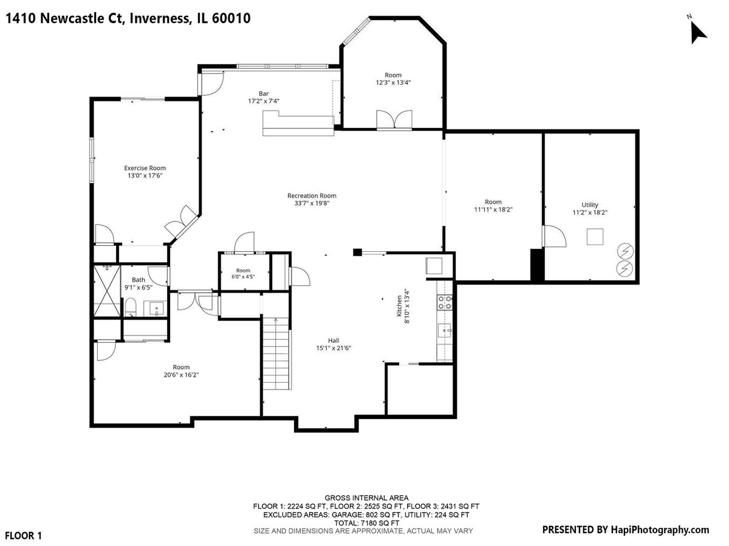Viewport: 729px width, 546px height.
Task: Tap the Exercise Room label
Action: (145, 168)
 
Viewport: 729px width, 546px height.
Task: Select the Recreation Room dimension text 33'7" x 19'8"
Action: (312, 203)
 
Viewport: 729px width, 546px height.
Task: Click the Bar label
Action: (264, 93)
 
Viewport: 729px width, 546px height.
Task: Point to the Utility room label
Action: (590, 205)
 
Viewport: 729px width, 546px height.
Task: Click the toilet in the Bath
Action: (131, 307)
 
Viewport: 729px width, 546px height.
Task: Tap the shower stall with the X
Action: (107, 291)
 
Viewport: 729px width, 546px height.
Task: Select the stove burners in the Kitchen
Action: (445, 302)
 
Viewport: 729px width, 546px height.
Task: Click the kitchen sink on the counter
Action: (445, 330)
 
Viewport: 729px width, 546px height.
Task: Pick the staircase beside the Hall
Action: (276, 353)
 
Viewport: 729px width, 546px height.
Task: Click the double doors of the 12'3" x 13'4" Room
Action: (394, 120)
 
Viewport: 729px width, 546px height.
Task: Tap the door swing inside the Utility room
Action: (554, 236)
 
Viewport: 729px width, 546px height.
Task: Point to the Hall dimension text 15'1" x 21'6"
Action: (334, 348)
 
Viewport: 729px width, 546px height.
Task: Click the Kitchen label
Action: (400, 306)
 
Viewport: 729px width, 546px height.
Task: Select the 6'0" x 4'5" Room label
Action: (243, 271)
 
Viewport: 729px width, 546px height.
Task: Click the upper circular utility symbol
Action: (625, 252)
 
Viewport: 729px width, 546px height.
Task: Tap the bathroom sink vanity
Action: (156, 309)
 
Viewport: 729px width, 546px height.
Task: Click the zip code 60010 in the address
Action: (231, 18)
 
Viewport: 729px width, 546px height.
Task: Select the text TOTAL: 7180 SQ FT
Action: (366, 523)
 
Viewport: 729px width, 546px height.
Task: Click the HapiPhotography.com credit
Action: (659, 530)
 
